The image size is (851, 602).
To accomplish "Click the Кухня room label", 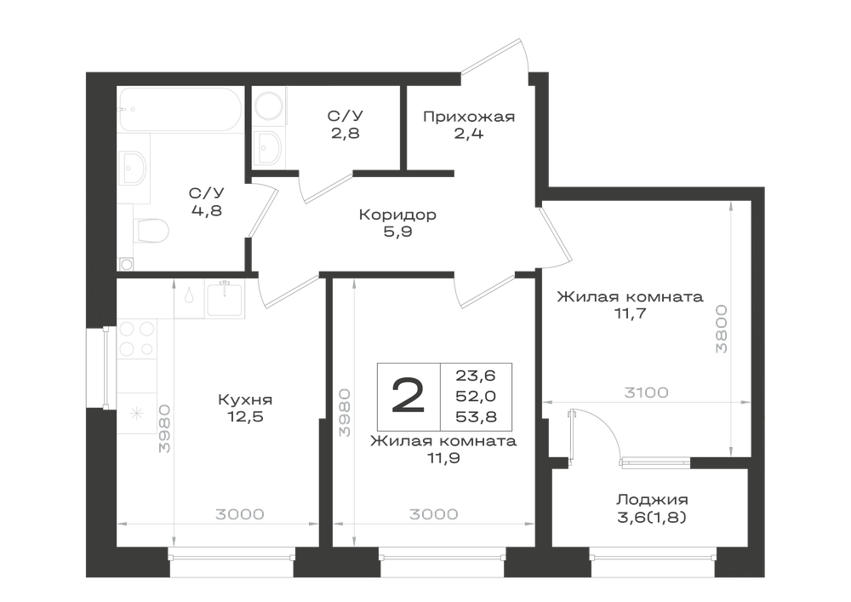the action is click(x=245, y=400).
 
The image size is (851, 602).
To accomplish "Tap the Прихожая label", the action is click(x=469, y=117).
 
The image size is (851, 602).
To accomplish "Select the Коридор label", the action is click(x=397, y=215).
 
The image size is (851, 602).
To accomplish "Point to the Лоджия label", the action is click(x=652, y=500).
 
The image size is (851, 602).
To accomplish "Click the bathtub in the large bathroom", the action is click(x=180, y=109).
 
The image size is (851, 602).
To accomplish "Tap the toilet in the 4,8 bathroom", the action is click(x=151, y=231).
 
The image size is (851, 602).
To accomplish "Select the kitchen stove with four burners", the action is click(x=137, y=339).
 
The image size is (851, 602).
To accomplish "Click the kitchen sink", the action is click(x=225, y=299).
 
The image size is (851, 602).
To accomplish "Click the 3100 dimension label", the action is click(x=646, y=392).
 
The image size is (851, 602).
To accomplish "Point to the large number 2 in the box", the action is click(x=408, y=396).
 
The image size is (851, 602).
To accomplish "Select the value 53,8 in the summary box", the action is click(x=476, y=417).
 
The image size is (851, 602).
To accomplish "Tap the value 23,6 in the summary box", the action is click(x=476, y=376).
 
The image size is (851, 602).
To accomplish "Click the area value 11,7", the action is click(x=630, y=313).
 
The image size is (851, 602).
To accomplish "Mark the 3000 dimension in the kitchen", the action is click(x=239, y=514).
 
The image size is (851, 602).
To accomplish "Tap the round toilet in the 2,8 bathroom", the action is click(x=268, y=106).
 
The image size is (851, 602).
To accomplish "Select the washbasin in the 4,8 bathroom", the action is click(x=133, y=167).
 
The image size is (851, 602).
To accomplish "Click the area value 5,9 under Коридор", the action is click(x=397, y=232).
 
